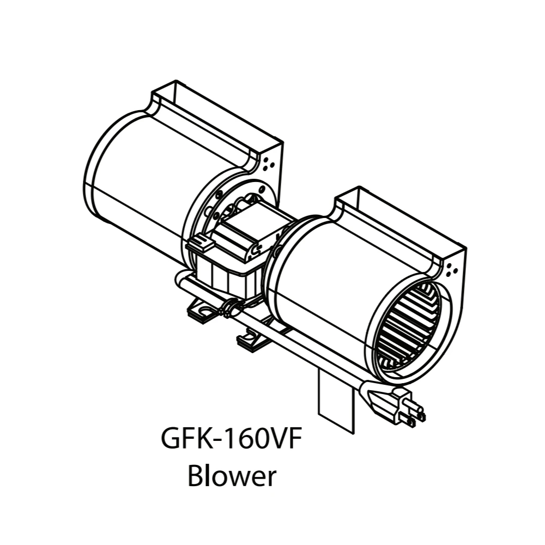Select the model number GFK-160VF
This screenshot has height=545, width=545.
[231, 439]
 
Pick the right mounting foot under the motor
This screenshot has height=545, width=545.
[251, 341]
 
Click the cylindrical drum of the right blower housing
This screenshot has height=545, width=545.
[322, 283]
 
